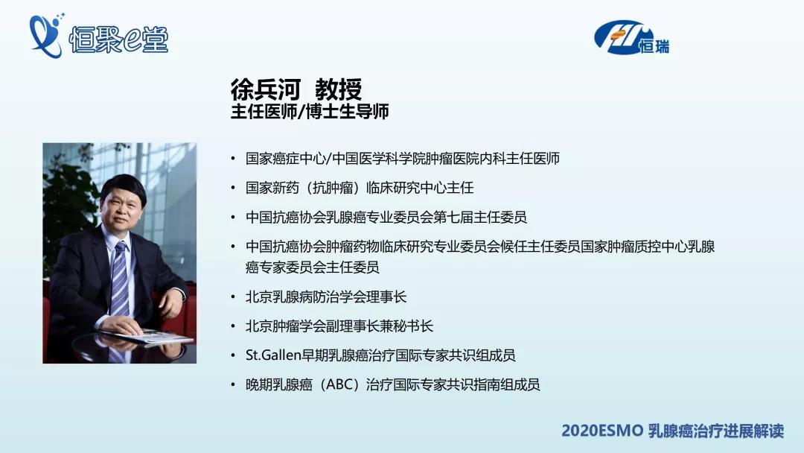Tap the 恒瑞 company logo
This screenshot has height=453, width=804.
tap(632, 38)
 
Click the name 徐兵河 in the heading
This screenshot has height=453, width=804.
tap(265, 90)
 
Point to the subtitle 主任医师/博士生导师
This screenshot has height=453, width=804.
tap(310, 112)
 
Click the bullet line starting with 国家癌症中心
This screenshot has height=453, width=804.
tap(402, 159)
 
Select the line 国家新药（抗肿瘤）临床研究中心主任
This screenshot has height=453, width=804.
tap(360, 188)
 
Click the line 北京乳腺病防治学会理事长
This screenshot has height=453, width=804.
tap(326, 297)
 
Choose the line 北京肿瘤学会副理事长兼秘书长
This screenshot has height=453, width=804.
tap(339, 326)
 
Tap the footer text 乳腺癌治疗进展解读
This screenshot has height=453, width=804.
tap(715, 431)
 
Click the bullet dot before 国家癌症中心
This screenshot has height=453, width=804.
tap(233, 159)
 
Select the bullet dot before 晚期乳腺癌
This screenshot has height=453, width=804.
tap(233, 385)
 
